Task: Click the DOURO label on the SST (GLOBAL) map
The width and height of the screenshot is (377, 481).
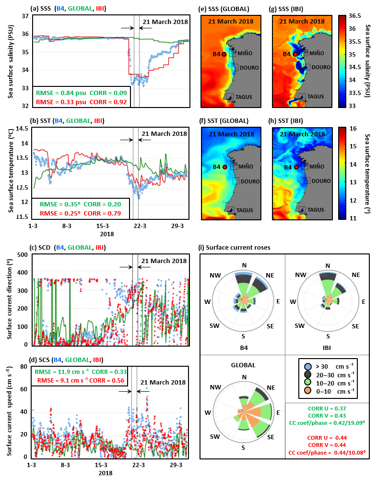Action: [249, 181]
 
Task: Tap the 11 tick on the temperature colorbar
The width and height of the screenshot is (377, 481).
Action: [352, 218]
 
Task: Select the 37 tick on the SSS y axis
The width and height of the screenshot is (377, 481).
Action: [24, 16]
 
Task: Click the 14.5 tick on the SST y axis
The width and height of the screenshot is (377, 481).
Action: [21, 128]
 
